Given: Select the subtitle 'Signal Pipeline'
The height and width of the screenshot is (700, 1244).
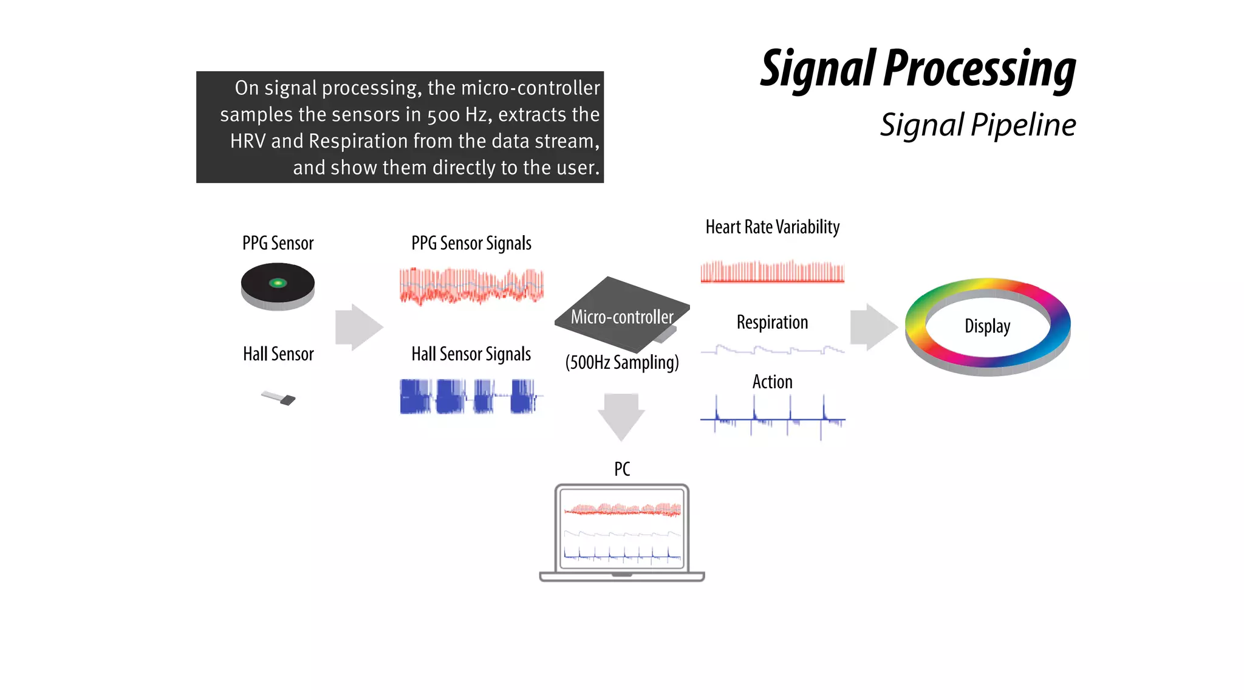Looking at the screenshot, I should click(x=977, y=125).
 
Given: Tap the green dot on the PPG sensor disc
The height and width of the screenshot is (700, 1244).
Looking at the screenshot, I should click(x=278, y=283).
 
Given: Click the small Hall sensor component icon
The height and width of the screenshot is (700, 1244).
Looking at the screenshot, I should click(x=279, y=398).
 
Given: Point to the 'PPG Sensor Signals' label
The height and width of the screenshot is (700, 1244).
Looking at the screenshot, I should click(x=471, y=243).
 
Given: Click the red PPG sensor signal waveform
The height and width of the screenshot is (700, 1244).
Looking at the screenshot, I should click(x=471, y=286).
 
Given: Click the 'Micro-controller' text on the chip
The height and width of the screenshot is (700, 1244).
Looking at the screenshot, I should click(x=621, y=317).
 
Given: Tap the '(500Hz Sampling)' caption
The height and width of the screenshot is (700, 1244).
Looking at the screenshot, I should click(x=621, y=362).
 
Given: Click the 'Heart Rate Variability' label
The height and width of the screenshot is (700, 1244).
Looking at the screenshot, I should click(x=772, y=227).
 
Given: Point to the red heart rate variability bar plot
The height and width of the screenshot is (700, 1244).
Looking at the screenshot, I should click(x=772, y=272).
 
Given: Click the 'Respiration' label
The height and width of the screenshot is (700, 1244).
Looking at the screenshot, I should click(x=772, y=322).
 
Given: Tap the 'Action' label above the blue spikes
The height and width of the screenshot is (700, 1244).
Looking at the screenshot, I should click(x=772, y=382).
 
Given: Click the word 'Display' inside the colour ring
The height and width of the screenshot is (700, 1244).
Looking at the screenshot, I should click(x=987, y=326).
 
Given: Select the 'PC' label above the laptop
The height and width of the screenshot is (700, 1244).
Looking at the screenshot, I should click(x=621, y=469).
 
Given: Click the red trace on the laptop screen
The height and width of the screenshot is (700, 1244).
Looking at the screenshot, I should click(x=622, y=510).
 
